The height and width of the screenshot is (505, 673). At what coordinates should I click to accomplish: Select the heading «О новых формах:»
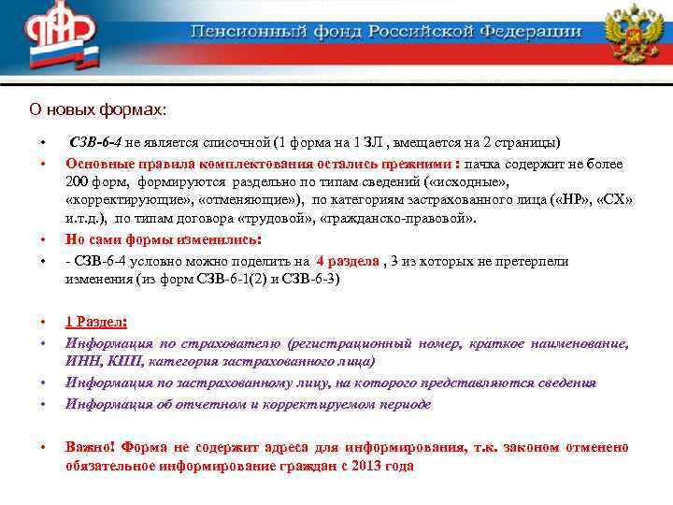point(97,110)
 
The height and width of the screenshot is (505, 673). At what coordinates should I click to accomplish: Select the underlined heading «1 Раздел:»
point(96,322)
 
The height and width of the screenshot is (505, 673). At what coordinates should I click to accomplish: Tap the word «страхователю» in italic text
point(233,343)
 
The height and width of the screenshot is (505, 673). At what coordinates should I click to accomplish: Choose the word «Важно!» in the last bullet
point(90,447)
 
